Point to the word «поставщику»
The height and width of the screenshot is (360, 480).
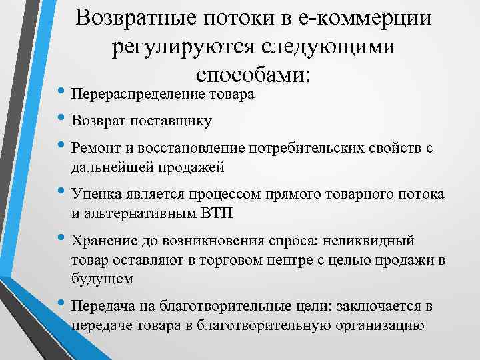click(x=175, y=121)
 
